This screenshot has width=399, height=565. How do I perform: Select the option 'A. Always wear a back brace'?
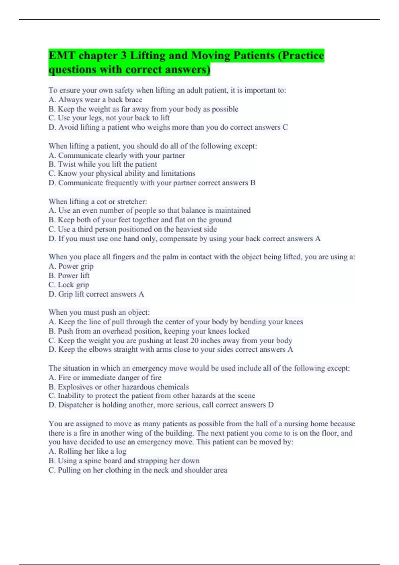[x=95, y=100]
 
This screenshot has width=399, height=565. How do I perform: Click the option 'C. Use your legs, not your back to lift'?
[x=109, y=118]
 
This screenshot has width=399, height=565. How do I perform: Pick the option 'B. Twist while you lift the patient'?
[x=103, y=164]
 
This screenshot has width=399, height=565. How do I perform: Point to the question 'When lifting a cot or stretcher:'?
[x=97, y=202]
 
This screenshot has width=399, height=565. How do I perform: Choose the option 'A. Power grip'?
[x=71, y=266]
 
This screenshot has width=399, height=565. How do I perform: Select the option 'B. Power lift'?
[x=69, y=276]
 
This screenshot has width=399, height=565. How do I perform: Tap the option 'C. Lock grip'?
[x=69, y=285]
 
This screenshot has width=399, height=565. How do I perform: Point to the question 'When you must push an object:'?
[x=99, y=312]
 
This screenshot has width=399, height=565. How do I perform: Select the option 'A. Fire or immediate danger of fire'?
[x=105, y=378]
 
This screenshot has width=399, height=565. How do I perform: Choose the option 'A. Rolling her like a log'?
[x=87, y=451]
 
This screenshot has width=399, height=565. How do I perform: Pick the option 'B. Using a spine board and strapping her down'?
[x=124, y=461]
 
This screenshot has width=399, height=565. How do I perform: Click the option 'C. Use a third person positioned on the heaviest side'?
[x=133, y=229]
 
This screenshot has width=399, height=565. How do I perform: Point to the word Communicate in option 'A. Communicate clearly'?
[x=80, y=155]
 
